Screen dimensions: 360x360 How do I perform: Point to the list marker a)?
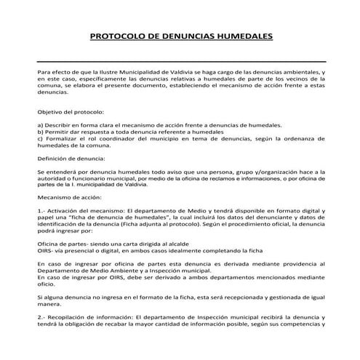click(39, 126)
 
